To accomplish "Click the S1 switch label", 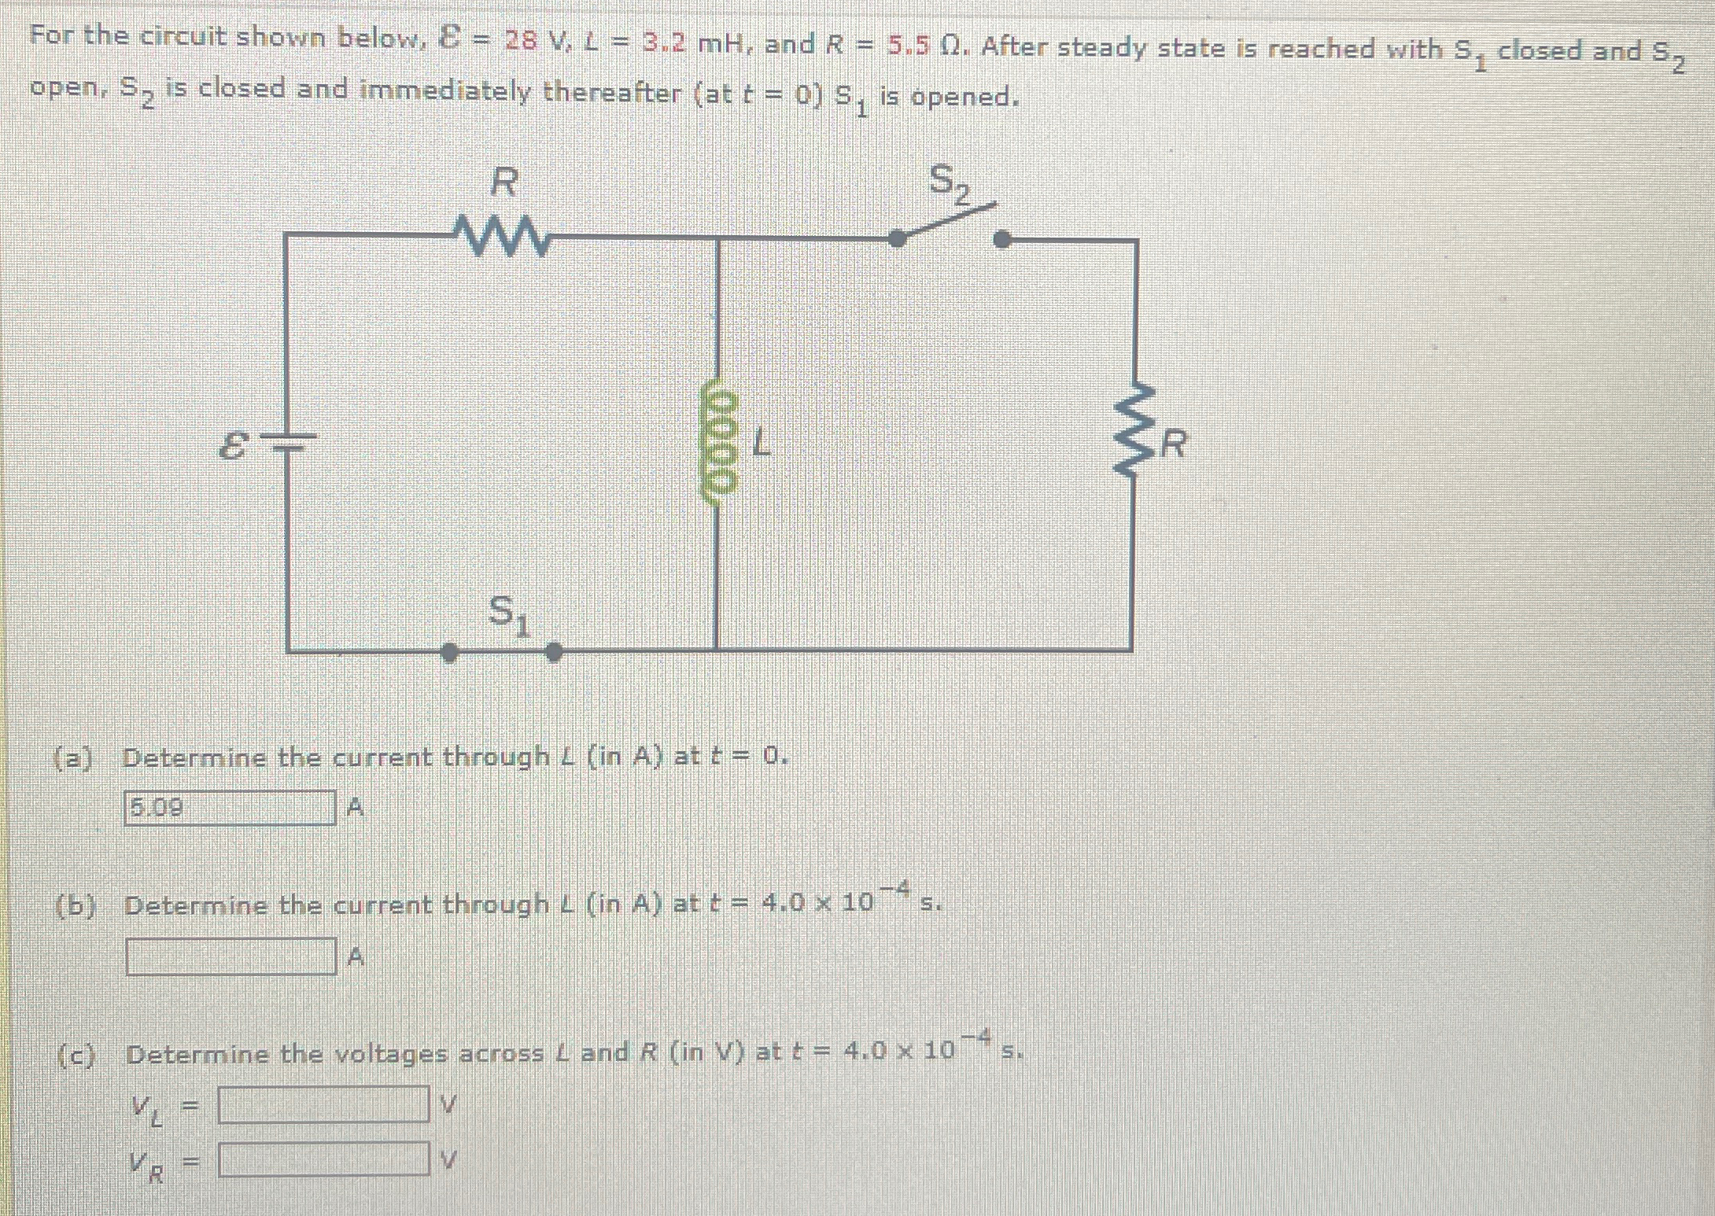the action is click(x=509, y=614).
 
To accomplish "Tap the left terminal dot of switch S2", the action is click(x=897, y=238).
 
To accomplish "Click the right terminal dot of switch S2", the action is click(x=1001, y=239).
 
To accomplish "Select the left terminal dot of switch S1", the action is click(x=449, y=652).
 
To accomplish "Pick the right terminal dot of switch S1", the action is click(x=554, y=652).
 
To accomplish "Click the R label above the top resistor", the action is click(x=503, y=182).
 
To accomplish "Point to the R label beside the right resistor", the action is click(x=1173, y=444).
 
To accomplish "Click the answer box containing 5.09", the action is click(x=230, y=808).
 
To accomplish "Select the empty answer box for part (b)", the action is click(x=231, y=956).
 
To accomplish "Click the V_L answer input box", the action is click(x=323, y=1104).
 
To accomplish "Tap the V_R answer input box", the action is click(x=323, y=1159).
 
